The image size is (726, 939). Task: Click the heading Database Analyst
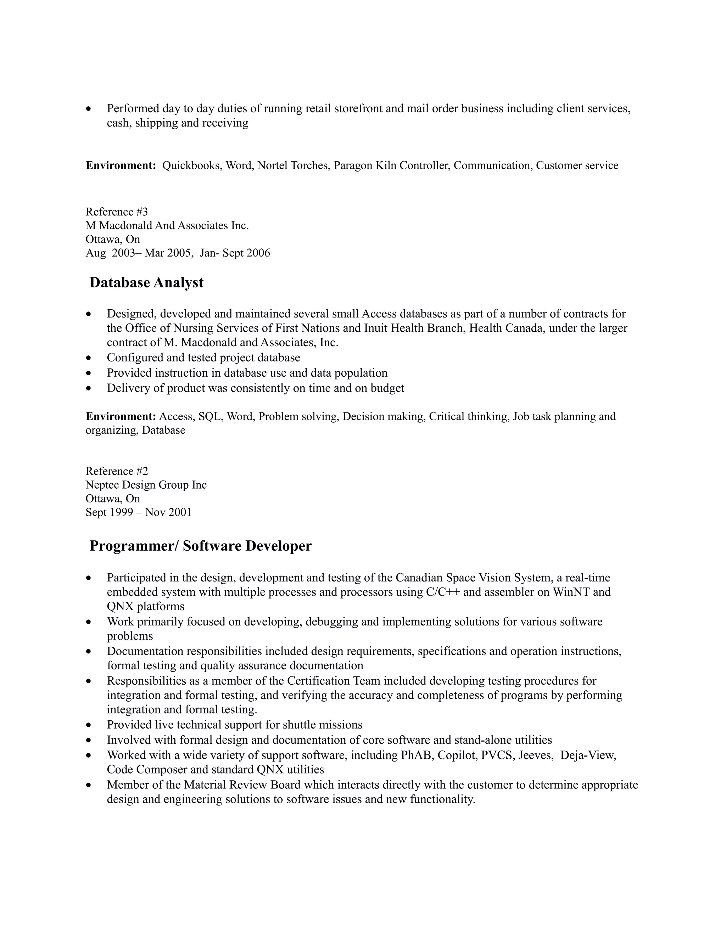point(146,283)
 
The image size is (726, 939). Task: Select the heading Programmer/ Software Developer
point(200,546)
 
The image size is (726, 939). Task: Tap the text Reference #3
point(117,212)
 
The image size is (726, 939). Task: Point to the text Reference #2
point(117,471)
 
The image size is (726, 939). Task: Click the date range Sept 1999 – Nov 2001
point(139,512)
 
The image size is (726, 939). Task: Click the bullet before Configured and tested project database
point(89,358)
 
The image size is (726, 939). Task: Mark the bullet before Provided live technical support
point(89,725)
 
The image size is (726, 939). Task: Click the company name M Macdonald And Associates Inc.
point(167,226)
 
